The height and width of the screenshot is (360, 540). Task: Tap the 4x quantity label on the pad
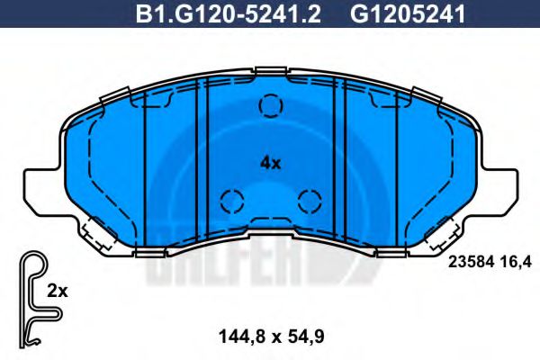(x=270, y=163)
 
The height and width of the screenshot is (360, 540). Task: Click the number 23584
(x=466, y=262)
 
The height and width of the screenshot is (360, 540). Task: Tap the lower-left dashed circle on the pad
(x=232, y=200)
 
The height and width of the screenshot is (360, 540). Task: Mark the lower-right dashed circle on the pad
(x=309, y=200)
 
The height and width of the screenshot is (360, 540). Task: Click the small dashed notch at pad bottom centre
(x=270, y=222)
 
